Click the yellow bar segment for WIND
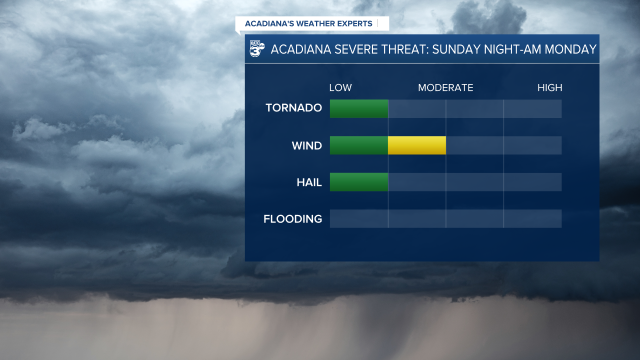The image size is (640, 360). [x=416, y=145]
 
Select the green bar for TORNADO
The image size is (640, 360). [x=358, y=108]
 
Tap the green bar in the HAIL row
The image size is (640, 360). [x=358, y=182]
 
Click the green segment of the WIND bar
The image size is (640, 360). [x=358, y=145]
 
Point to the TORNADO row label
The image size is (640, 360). [x=293, y=108]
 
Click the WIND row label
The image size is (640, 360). [x=306, y=146]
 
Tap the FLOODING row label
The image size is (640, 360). [x=292, y=219]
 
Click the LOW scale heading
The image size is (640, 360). [x=340, y=88]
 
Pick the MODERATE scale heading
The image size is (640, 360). [x=445, y=88]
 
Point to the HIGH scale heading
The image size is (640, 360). [x=549, y=88]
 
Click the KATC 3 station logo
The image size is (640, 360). [x=256, y=49]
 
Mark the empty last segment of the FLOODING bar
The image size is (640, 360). [x=532, y=218]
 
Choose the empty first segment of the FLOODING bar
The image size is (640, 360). [x=358, y=218]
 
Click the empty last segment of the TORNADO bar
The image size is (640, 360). [x=532, y=108]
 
